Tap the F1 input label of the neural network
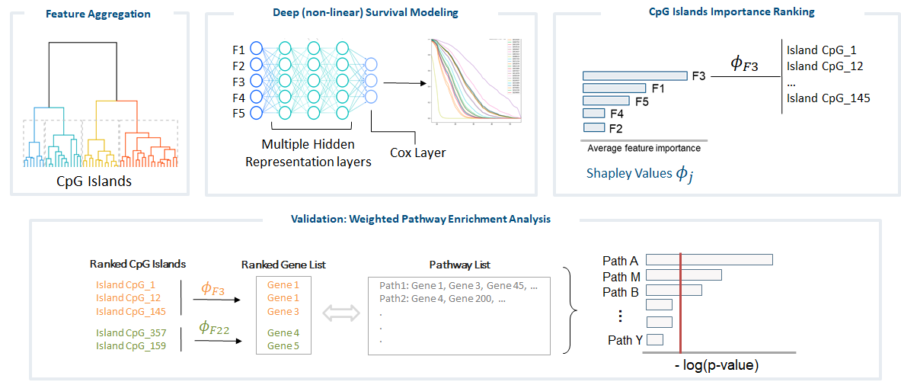pos(238,50)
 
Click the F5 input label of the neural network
pos(238,114)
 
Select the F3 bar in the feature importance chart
pos(635,75)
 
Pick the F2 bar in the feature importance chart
pos(593,127)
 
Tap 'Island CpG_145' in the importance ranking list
pos(828,98)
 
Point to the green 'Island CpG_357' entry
pos(130,332)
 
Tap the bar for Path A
pos(709,260)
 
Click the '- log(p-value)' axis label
pos(717,366)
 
